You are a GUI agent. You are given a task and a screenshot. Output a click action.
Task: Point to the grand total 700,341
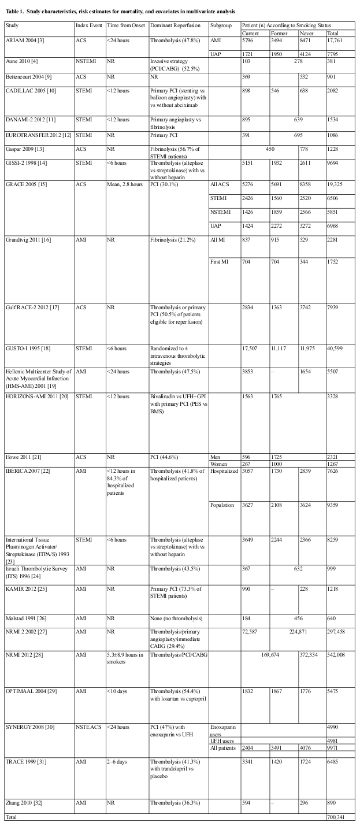[x=339, y=817]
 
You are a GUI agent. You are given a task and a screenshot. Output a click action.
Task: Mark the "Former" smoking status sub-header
[x=279, y=32]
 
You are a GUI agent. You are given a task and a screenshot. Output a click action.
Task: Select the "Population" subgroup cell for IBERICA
[x=222, y=505]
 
